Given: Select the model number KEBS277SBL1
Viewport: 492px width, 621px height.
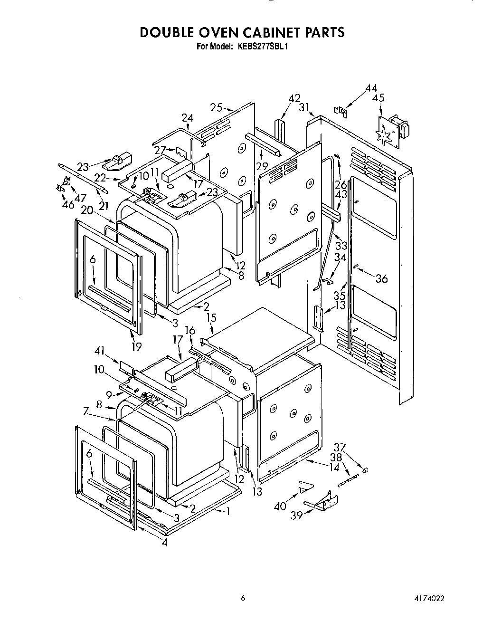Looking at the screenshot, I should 260,47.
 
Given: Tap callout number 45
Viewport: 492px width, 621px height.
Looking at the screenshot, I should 378,98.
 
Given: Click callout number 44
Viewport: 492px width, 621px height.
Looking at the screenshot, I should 371,88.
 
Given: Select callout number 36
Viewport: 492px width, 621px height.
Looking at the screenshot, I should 381,278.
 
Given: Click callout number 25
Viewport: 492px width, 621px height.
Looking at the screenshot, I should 216,108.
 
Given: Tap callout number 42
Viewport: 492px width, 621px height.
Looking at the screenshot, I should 294,98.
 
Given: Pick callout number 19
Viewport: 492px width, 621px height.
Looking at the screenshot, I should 136,346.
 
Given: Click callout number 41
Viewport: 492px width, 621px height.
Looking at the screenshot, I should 99,351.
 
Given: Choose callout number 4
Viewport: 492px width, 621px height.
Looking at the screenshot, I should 164,543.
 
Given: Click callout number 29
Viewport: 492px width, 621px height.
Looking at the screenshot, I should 261,166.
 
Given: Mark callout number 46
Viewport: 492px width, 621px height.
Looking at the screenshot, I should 68,205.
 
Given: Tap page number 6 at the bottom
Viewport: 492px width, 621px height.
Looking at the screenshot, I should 243,599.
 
